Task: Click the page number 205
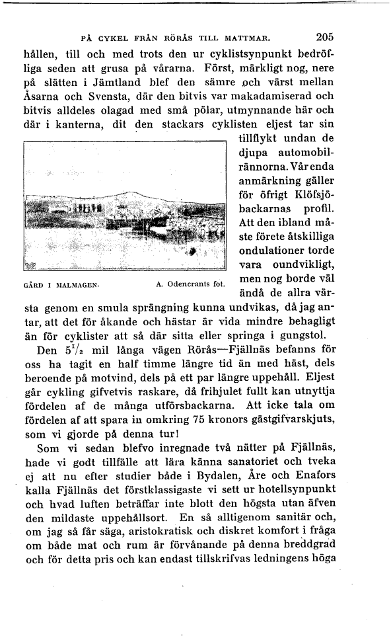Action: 325,37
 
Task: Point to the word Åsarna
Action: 42,98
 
